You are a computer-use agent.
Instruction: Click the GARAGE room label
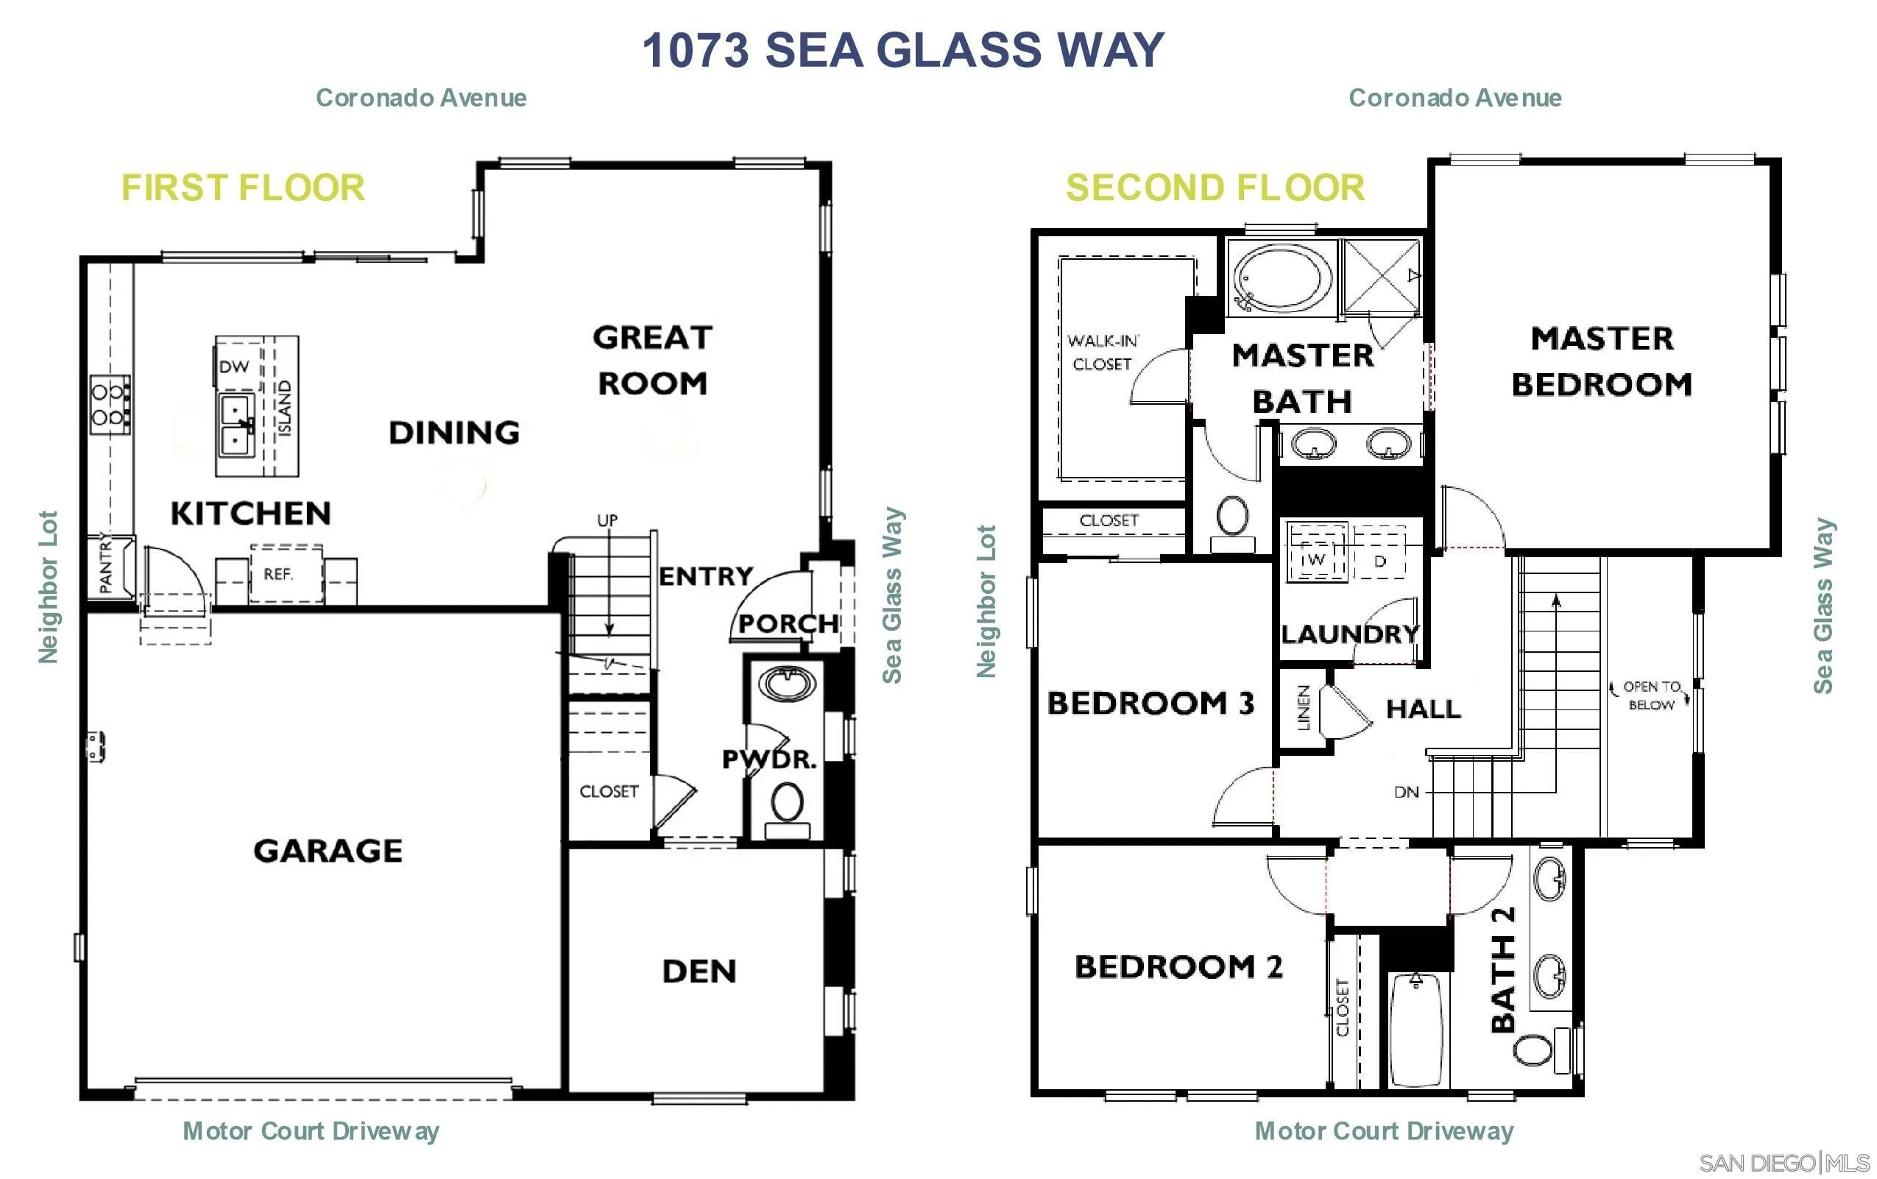tap(328, 850)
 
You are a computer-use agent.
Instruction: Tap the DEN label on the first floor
tap(699, 971)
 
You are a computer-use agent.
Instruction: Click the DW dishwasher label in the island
tap(234, 367)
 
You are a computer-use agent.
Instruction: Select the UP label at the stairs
tap(607, 520)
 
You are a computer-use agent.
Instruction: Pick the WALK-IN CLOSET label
tap(1102, 353)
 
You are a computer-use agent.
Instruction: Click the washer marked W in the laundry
tap(1317, 559)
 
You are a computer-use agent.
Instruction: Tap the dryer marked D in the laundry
tap(1379, 560)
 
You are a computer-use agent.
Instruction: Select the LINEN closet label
tap(1303, 707)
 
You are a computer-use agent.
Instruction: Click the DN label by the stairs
tap(1406, 793)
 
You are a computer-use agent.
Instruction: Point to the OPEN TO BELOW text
tap(1651, 695)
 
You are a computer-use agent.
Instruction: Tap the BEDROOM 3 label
tap(1150, 703)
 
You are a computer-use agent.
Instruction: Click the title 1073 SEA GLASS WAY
tap(902, 50)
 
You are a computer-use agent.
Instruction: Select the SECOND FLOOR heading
tap(1215, 188)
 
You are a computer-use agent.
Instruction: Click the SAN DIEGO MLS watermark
tap(1784, 1163)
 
